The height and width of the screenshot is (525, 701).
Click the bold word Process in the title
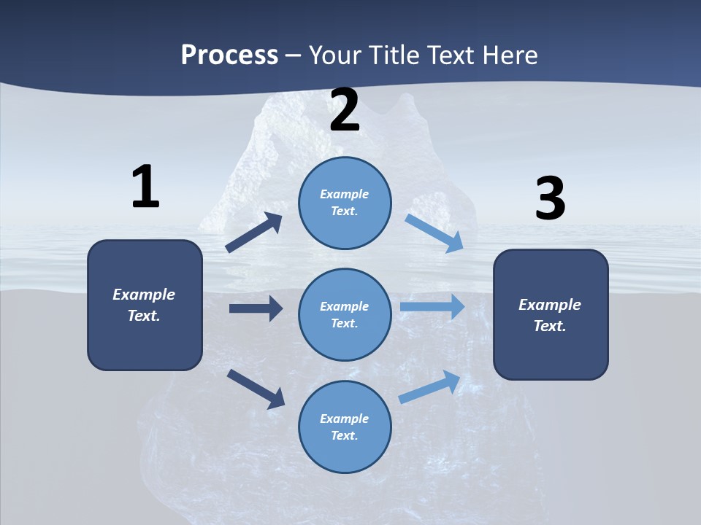click(229, 55)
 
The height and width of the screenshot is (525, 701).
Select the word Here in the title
click(510, 55)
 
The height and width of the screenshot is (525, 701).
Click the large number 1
click(145, 187)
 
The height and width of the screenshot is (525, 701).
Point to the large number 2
click(345, 111)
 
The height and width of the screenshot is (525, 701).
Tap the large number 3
click(550, 199)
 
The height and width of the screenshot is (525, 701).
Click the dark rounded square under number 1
click(145, 305)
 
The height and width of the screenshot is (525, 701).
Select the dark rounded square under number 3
click(551, 314)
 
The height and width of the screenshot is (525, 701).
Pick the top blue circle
click(345, 203)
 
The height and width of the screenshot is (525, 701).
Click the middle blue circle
click(345, 314)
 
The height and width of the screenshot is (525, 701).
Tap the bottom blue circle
click(345, 427)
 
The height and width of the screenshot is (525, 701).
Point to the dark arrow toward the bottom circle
click(256, 389)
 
